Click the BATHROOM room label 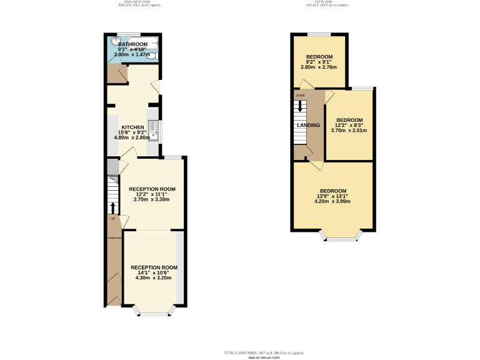click(132, 44)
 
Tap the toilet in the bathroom click(151, 55)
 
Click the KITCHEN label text click(132, 126)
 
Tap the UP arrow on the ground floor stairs click(113, 208)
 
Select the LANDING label click(309, 125)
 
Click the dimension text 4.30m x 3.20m click(154, 277)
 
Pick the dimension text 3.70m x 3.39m click(152, 199)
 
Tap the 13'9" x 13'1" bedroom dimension click(333, 196)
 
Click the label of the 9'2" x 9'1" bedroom click(319, 57)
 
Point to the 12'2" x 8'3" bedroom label click(349, 120)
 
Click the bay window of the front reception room click(154, 311)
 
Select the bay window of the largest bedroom click(341, 237)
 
